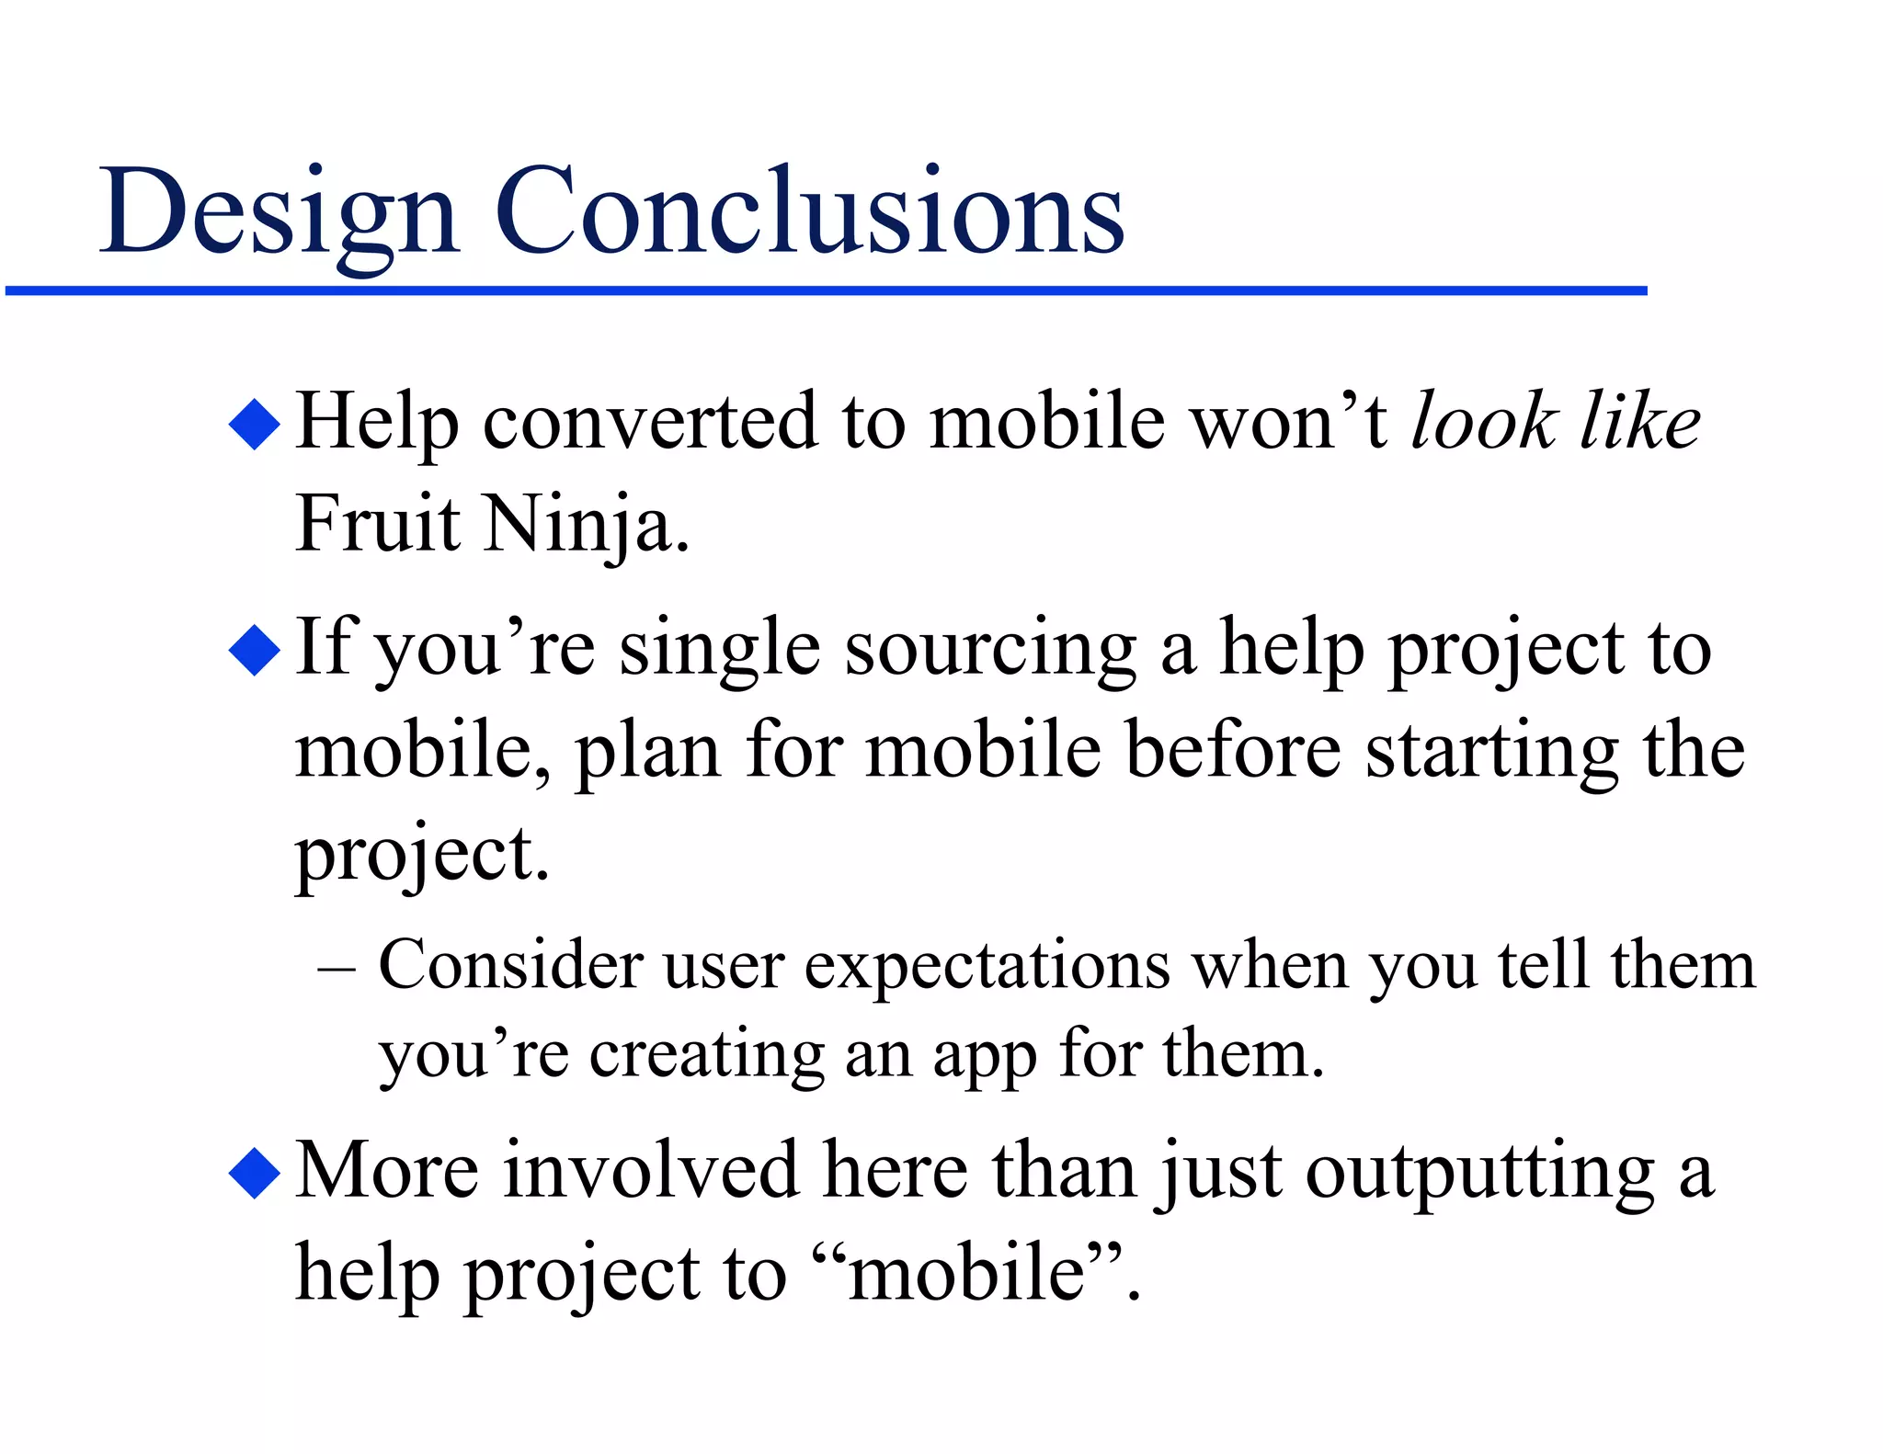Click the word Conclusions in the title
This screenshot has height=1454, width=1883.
(809, 211)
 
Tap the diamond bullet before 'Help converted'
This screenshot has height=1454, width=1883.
(254, 424)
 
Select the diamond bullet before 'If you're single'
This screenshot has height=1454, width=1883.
(254, 650)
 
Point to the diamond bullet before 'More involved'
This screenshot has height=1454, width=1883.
(254, 1173)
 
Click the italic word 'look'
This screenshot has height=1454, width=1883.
(1483, 421)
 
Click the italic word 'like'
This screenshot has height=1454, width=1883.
(1639, 421)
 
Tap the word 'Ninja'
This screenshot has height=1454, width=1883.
(586, 525)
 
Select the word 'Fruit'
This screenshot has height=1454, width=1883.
(377, 523)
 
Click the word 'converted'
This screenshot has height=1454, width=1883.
(649, 423)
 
